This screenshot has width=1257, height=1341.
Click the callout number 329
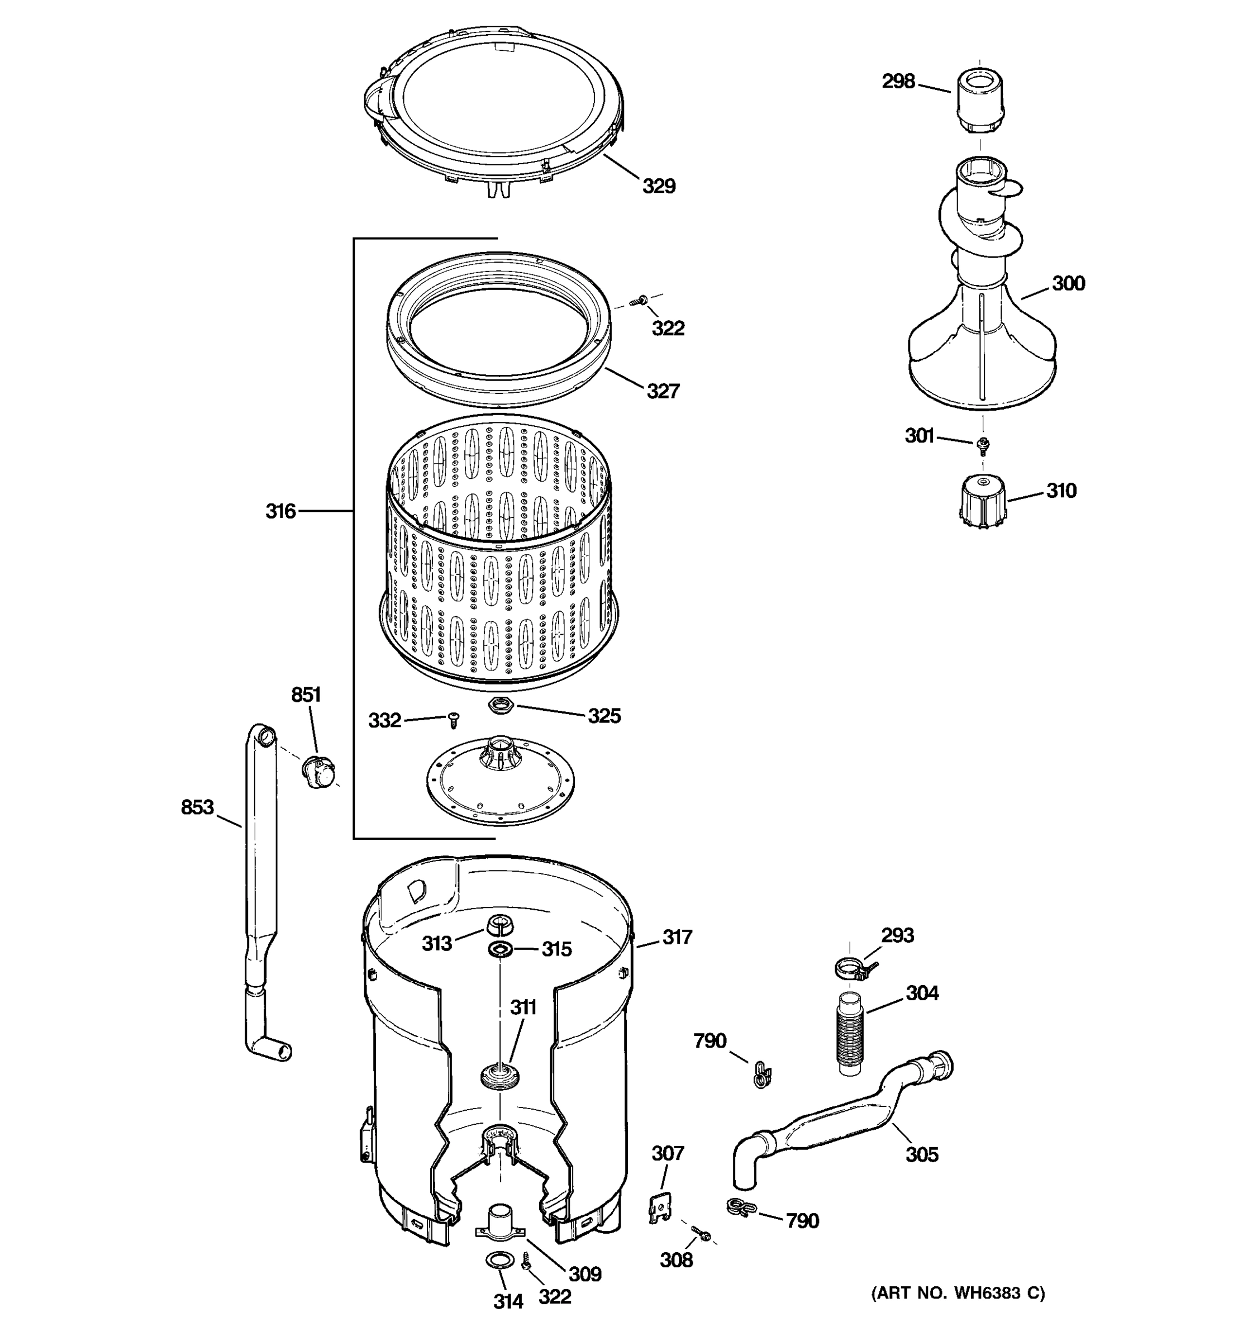[x=658, y=186]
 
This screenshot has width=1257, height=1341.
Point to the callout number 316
[x=280, y=511]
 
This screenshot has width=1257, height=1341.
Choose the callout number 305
[x=921, y=1154]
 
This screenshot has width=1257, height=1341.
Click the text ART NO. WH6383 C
[x=958, y=1293]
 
